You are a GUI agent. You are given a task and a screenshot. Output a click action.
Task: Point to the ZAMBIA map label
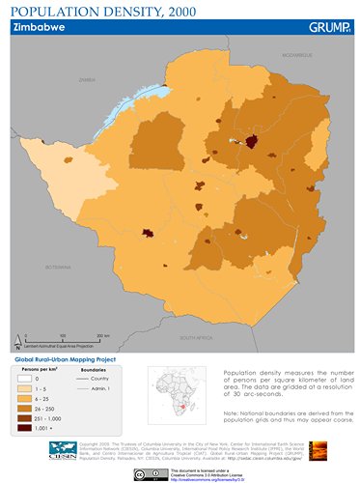click(88, 80)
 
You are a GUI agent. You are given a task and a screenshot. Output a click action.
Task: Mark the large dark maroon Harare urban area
click(253, 142)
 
